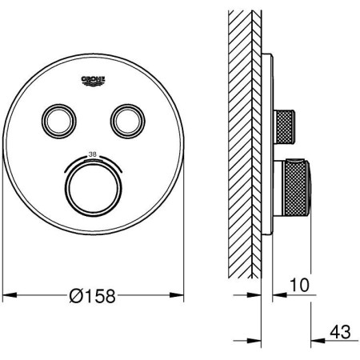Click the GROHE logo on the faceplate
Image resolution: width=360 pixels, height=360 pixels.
click(x=93, y=81)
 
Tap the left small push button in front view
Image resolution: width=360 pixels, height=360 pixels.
click(x=59, y=121)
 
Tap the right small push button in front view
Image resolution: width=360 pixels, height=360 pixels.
click(x=128, y=121)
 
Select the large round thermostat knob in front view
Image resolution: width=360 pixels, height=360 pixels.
click(x=93, y=189)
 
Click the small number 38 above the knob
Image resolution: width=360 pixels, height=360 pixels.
click(x=93, y=154)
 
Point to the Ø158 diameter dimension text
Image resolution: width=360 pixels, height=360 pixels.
click(x=92, y=296)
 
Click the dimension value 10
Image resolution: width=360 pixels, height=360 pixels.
click(x=299, y=285)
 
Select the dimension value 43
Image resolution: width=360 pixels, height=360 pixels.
click(x=340, y=332)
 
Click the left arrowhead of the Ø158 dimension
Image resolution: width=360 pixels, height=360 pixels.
click(x=10, y=295)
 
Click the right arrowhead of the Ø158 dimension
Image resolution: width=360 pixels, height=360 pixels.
click(x=177, y=295)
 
